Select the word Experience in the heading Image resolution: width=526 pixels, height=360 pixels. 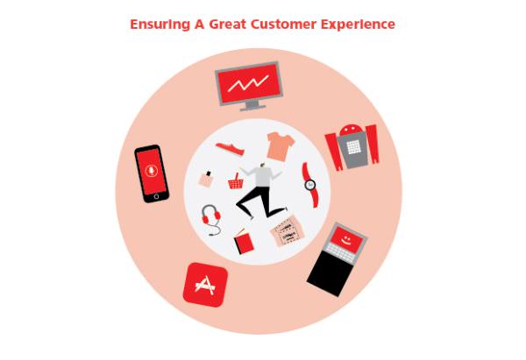364,25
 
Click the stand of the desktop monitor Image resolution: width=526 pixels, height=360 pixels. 252,106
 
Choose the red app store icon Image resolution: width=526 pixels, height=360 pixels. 205,285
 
